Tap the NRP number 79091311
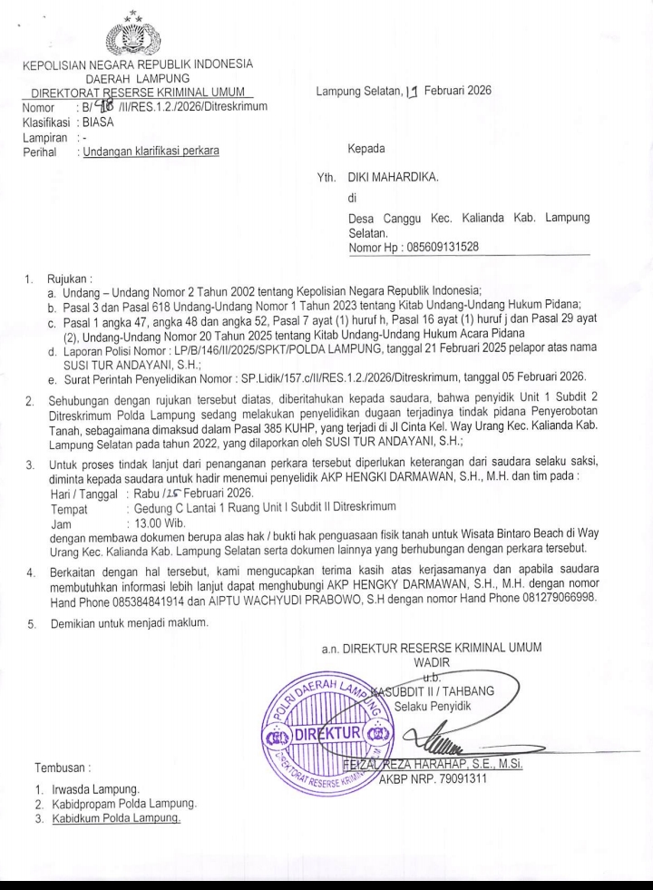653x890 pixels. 471,778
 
